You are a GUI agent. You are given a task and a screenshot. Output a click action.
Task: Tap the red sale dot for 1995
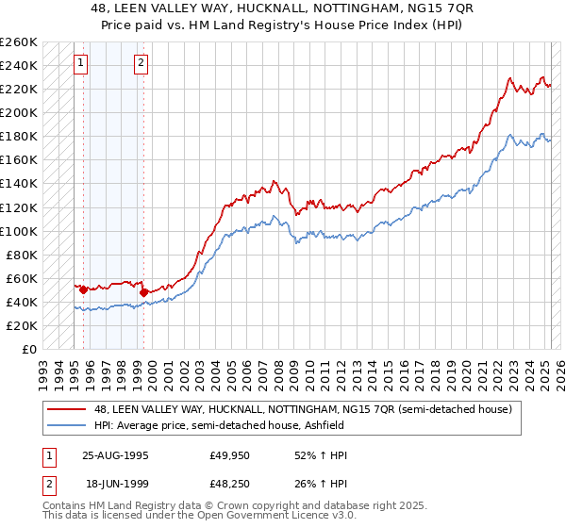83,289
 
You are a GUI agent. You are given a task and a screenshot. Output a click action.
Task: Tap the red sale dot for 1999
143,292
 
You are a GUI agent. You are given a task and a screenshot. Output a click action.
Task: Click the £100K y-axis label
19,231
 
